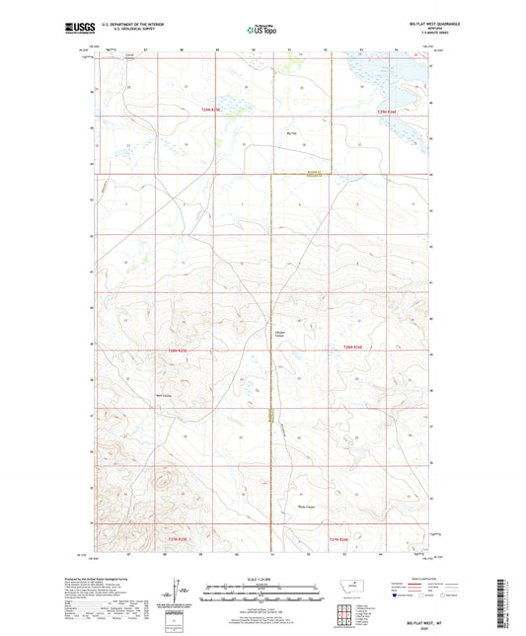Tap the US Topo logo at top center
[262, 30]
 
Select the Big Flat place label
[290, 133]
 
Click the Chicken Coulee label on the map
[280, 334]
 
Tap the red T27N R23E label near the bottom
[178, 539]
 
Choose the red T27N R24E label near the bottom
[339, 539]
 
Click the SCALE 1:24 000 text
[262, 579]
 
